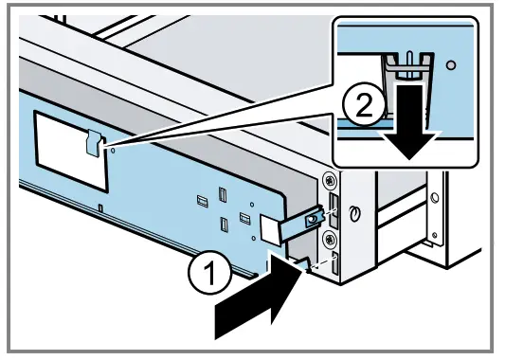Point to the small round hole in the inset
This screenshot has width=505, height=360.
(x=451, y=69)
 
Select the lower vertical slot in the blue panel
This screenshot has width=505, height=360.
(x=224, y=225)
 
